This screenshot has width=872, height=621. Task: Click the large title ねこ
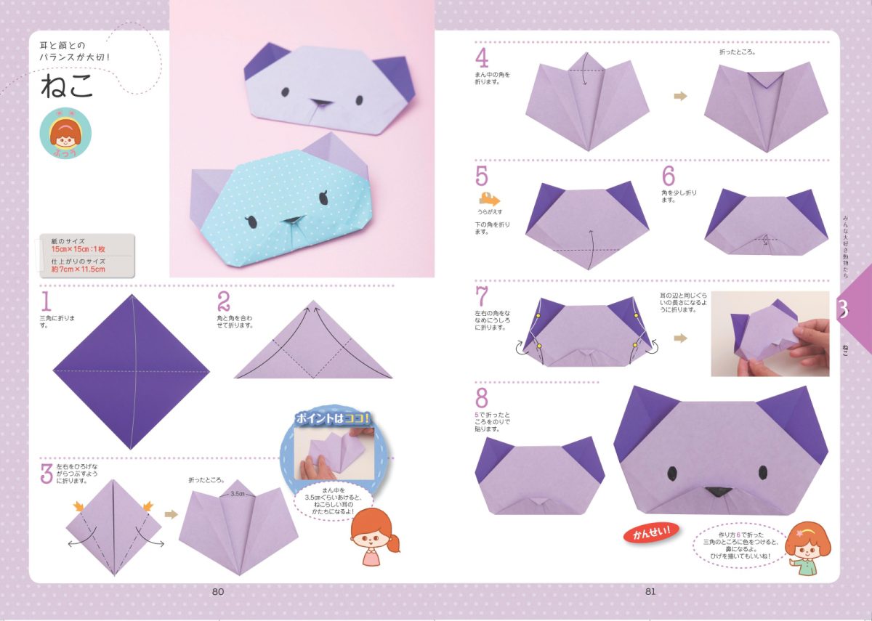coord(68,87)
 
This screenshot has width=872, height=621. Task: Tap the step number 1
coord(47,301)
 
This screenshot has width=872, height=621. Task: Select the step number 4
coord(482,57)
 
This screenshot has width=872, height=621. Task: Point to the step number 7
coord(482,296)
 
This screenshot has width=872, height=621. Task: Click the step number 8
coord(482,398)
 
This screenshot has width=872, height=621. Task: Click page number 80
coord(218,591)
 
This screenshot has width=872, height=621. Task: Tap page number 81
coord(650,591)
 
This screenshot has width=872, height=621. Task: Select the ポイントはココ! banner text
coord(333,419)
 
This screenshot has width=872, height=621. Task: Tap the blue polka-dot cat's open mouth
coord(291,220)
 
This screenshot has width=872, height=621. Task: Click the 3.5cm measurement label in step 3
coord(237,493)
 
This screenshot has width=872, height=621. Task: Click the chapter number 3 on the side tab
coord(843,309)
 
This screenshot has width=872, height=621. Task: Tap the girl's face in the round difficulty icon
coord(65,134)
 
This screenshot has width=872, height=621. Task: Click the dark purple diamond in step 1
coord(131,372)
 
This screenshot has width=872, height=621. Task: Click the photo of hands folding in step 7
coord(770,333)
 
